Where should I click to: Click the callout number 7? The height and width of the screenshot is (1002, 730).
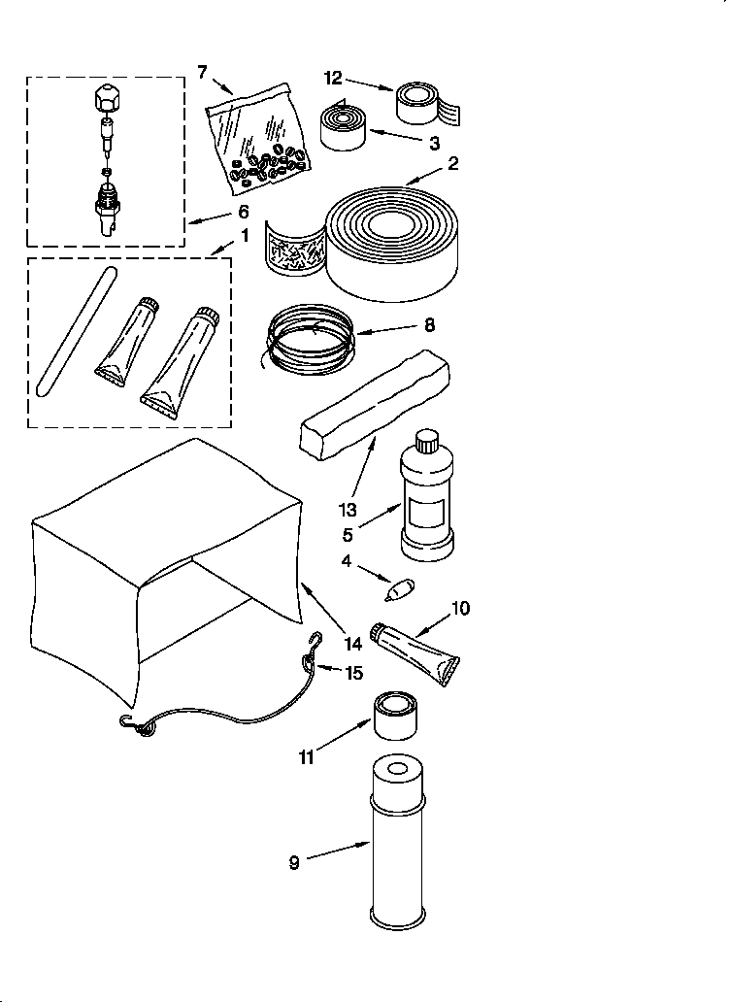click(x=202, y=71)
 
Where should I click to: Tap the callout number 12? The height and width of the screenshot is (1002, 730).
click(x=334, y=79)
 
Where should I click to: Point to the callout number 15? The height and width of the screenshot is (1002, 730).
click(x=354, y=672)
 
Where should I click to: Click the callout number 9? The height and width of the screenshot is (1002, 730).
click(x=294, y=861)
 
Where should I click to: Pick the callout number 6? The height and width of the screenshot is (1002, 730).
click(x=243, y=211)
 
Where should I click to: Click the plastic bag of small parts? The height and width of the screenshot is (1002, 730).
click(x=258, y=136)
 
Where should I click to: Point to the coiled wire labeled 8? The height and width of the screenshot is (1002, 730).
click(x=309, y=341)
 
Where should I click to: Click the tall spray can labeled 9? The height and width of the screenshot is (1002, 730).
click(x=396, y=843)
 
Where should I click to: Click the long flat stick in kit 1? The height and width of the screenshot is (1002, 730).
click(x=76, y=330)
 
